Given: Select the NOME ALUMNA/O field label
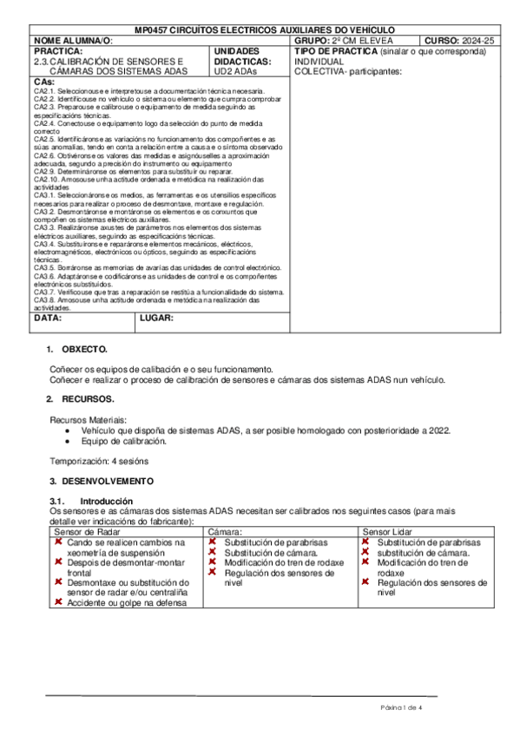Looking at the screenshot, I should [73, 41].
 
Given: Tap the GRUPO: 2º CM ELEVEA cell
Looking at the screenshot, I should [344, 41].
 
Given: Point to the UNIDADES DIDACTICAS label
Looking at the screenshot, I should [237, 56].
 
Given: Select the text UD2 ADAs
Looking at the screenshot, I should [234, 72].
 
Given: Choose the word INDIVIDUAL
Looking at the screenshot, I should [319, 62].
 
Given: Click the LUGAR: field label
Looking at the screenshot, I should [157, 318].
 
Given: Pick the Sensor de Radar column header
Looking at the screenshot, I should [87, 531].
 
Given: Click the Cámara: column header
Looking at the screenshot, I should [225, 531].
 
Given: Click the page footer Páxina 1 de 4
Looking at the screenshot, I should [400, 708].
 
